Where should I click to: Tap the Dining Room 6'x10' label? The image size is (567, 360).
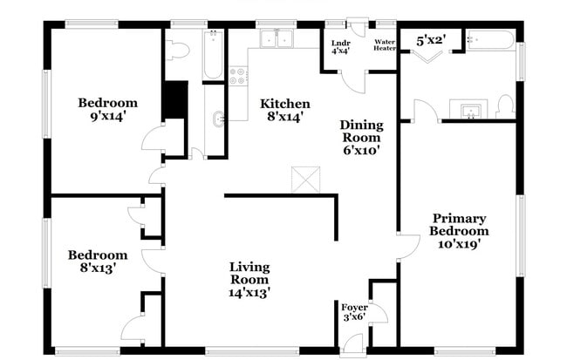[360, 138]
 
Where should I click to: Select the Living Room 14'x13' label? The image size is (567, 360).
[249, 280]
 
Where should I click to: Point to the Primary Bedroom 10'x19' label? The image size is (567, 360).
[459, 231]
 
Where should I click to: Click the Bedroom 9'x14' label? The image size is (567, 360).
[107, 109]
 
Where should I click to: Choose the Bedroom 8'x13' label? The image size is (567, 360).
[98, 262]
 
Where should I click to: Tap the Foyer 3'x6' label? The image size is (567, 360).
[354, 313]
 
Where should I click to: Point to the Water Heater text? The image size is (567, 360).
[385, 44]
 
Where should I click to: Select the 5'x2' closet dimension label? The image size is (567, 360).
[430, 39]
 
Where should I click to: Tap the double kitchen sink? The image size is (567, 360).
[278, 39]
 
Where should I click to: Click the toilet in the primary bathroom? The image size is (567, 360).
[505, 105]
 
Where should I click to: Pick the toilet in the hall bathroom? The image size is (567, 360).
[176, 49]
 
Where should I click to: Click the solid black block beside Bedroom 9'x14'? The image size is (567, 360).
[175, 98]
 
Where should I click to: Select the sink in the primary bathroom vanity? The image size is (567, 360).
[470, 110]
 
